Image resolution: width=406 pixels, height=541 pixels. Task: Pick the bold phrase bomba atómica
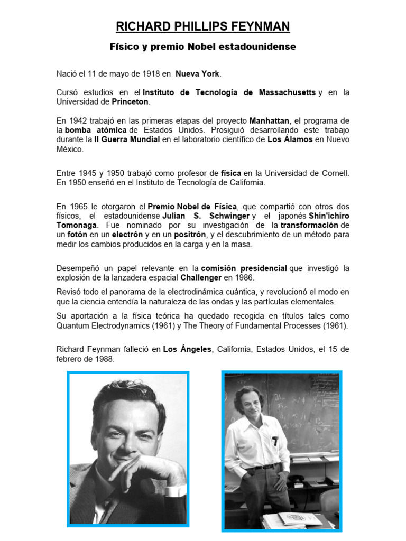(x=96, y=130)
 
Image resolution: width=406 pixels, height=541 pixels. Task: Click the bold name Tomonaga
(x=75, y=225)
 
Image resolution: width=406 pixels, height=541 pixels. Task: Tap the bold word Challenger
(x=202, y=277)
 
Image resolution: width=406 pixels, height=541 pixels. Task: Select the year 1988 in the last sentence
(x=104, y=359)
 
